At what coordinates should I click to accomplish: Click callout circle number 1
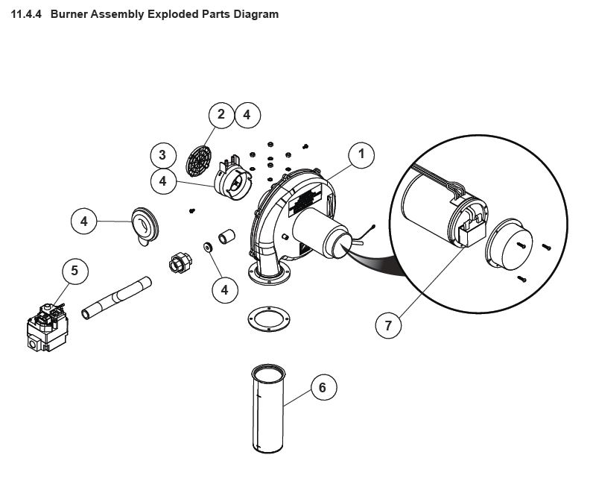(361, 154)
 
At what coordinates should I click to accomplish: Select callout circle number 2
(221, 115)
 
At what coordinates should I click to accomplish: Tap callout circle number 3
(162, 155)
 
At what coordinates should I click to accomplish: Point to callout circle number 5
(74, 270)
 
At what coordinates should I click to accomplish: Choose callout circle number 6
(323, 388)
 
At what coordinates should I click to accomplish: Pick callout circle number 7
(388, 325)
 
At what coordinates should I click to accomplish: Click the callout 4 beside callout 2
(247, 115)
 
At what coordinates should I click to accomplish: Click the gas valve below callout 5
(45, 324)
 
